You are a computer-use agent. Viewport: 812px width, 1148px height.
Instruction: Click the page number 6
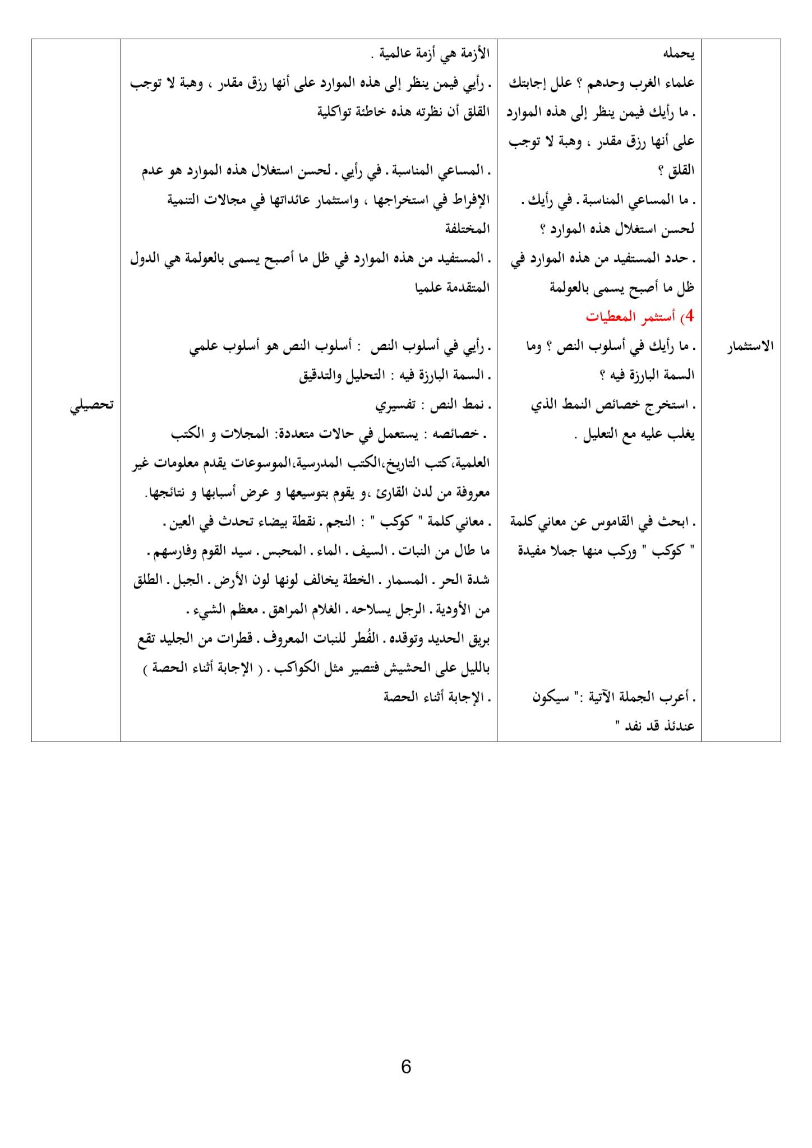[406, 1066]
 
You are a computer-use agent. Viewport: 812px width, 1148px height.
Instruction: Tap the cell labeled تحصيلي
[92, 405]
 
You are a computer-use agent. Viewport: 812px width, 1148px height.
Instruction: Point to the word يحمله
[679, 54]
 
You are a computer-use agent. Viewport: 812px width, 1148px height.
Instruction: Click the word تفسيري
[395, 405]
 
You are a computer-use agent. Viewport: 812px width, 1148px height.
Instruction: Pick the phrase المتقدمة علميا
[452, 288]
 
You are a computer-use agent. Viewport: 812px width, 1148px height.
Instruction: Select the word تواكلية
[336, 112]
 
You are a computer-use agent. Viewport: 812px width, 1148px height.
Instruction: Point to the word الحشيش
[407, 668]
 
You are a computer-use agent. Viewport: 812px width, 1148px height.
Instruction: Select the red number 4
[690, 317]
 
